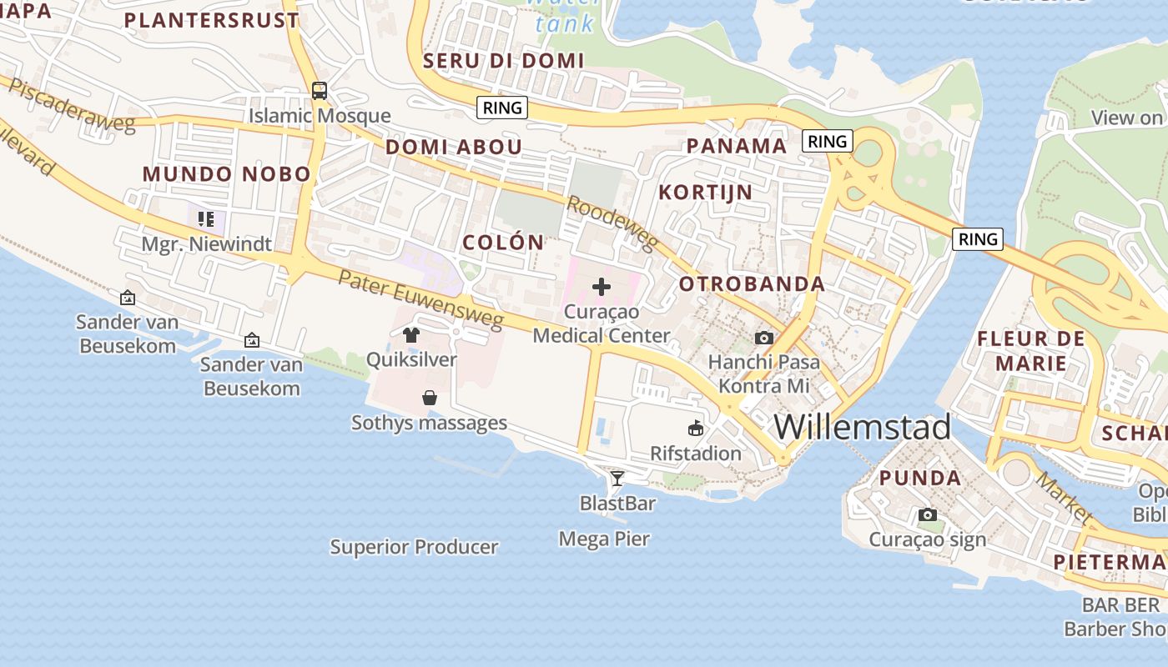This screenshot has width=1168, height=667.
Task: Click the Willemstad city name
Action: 862,427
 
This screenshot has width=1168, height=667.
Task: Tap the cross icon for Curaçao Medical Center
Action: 601,288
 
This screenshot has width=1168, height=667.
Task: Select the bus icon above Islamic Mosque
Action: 319,90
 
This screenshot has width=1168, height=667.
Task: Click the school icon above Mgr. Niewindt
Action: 205,219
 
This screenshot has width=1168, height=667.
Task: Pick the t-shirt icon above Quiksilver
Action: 410,335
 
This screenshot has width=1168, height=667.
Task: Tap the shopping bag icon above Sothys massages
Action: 429,398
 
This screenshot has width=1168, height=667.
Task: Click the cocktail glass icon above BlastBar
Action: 617,478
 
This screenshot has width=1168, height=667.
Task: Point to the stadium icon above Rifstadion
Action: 695,429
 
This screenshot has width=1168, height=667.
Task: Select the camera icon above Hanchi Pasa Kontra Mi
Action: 763,338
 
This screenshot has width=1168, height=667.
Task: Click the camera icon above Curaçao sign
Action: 927,514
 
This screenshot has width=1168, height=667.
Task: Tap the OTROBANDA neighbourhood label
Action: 752,283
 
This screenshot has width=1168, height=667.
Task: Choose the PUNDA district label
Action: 920,478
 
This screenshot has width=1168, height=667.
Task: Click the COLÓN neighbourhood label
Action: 503,243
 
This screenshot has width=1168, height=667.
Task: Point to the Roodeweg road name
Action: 612,223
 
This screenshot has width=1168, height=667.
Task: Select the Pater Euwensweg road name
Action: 420,298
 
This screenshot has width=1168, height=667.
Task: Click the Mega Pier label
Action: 604,539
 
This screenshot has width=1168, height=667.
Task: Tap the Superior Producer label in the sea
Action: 414,547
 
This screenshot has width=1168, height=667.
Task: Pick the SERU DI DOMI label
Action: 503,60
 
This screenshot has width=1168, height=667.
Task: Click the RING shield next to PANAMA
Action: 827,141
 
